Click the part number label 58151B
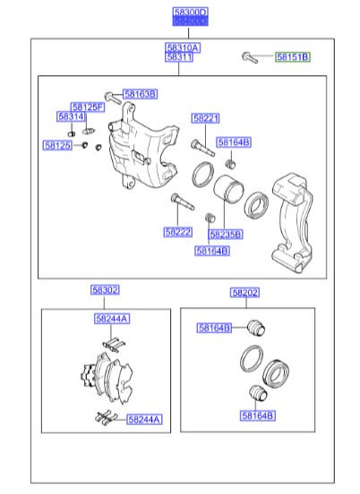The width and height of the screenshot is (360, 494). point(291,57)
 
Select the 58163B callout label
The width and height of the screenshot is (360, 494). point(140,94)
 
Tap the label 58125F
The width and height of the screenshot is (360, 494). point(88,106)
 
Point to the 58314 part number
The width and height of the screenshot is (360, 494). point(71,117)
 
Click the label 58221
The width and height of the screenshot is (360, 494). point(205,118)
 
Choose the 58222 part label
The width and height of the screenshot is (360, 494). point(178,232)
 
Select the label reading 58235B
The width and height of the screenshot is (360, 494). point(224,234)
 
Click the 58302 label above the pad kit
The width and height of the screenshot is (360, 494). point(105,291)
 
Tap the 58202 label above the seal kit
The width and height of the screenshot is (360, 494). point(244,293)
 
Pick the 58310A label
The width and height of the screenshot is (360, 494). point(182,47)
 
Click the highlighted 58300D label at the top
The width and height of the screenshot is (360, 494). point(189,15)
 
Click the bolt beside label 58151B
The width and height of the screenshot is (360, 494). point(250,58)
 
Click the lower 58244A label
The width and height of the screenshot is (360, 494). point(144,419)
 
